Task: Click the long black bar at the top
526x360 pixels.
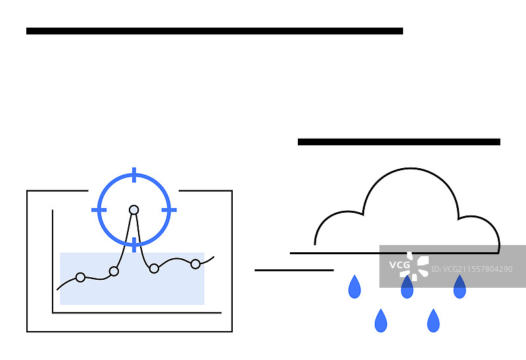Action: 214,31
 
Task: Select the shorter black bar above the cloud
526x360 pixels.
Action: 398,142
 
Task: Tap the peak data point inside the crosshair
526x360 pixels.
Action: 134,210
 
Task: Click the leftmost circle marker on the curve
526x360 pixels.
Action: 80,277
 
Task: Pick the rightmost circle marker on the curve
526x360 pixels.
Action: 195,264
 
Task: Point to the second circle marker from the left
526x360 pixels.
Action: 114,271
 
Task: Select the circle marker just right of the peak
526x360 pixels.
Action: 154,268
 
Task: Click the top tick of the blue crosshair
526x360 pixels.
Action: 134,175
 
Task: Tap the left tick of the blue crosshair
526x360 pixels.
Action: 99,210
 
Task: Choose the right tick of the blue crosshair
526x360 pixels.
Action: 170,210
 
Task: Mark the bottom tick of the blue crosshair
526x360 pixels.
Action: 134,244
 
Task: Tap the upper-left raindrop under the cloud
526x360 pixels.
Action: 354,287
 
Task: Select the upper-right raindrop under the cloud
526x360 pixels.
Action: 460,287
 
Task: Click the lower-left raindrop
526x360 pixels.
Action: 381,321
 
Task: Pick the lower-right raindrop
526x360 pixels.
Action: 433,321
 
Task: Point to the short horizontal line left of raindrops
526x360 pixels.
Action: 294,270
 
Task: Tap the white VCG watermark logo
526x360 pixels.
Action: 409,266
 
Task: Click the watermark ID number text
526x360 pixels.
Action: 471,269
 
